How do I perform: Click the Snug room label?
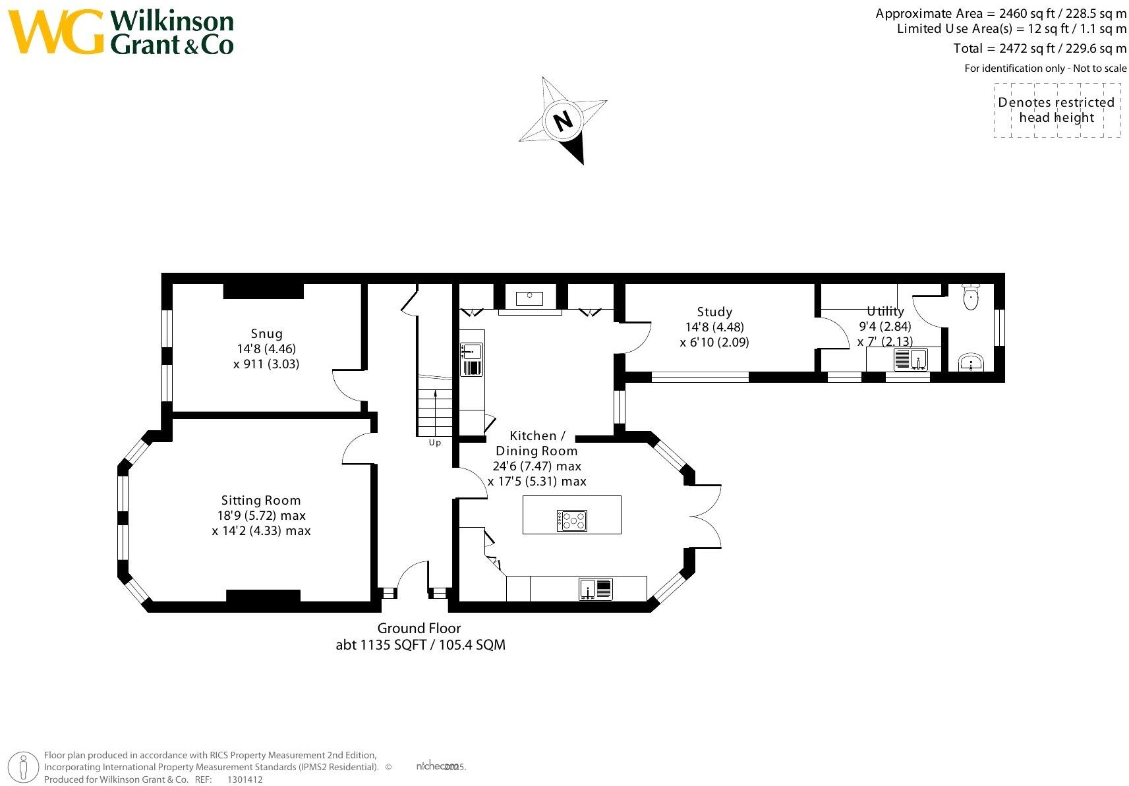(266, 334)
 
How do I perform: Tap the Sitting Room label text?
(261, 501)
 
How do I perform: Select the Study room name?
(714, 312)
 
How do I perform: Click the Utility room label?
(885, 312)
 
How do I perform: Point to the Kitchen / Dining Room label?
(536, 443)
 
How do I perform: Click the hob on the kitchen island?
(571, 520)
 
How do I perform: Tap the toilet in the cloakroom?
(971, 297)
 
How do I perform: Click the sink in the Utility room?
(911, 360)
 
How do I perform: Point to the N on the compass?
(563, 121)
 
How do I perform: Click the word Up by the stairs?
(435, 443)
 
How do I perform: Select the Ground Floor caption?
(419, 629)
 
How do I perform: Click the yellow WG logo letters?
(56, 32)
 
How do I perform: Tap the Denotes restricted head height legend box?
(1057, 110)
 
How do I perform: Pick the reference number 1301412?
(245, 779)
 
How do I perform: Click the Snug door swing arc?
(345, 385)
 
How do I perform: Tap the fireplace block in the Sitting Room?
(263, 596)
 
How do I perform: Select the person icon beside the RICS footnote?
(24, 767)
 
